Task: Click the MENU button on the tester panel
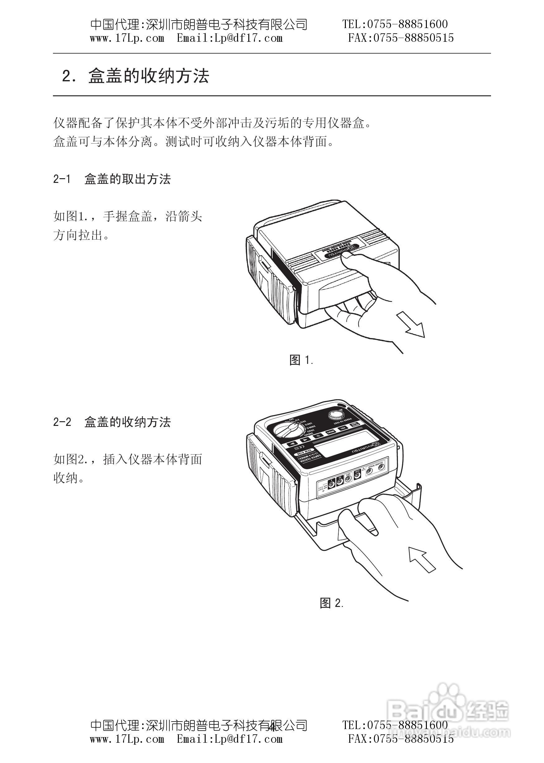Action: click(x=331, y=432)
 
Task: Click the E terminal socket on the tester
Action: click(x=331, y=484)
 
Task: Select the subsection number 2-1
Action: click(x=62, y=179)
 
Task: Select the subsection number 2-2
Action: click(x=62, y=422)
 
